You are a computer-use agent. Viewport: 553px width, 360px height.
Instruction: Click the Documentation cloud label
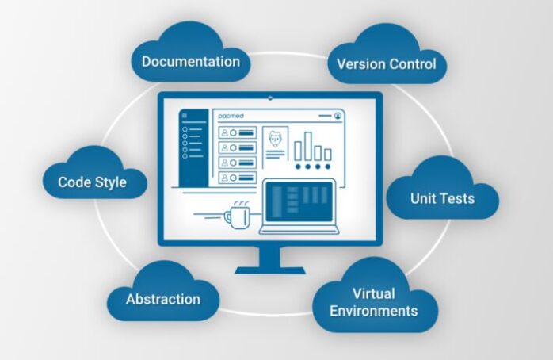(x=191, y=61)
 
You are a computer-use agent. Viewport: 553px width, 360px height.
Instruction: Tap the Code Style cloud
(x=95, y=173)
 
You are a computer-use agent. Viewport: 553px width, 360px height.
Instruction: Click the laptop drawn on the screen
(x=299, y=207)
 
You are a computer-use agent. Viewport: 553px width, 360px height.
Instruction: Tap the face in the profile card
(x=275, y=140)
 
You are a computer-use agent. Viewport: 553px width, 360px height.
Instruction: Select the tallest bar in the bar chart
(x=308, y=146)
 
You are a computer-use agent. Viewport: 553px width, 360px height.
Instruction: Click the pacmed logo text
(x=231, y=116)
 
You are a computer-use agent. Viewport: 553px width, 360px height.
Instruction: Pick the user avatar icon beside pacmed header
(x=338, y=116)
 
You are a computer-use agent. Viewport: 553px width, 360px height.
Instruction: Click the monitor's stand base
(x=270, y=270)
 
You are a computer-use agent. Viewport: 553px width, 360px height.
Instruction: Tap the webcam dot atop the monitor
(x=270, y=98)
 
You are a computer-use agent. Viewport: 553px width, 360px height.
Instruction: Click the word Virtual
(x=373, y=293)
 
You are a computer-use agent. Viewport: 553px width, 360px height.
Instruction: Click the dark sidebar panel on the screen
(x=193, y=147)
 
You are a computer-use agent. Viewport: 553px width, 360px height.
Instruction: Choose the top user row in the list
(x=238, y=132)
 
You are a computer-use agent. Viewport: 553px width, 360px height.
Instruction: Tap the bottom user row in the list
(x=238, y=178)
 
